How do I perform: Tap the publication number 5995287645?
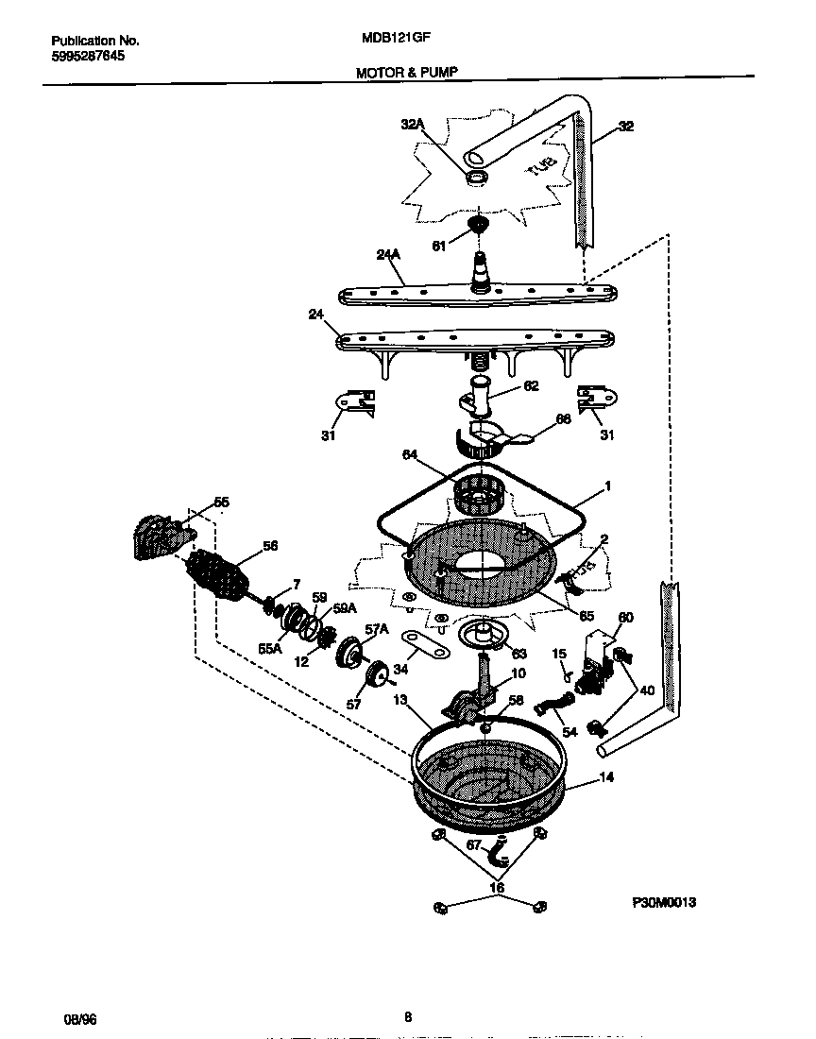pos(87,56)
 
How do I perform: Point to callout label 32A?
pos(414,124)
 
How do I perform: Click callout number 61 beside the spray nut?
pos(438,247)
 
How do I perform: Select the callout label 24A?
pos(389,254)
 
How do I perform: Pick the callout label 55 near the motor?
pos(221,502)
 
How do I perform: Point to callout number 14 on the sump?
pos(606,777)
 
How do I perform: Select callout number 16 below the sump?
pos(497,888)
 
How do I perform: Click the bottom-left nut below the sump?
pos(439,908)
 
